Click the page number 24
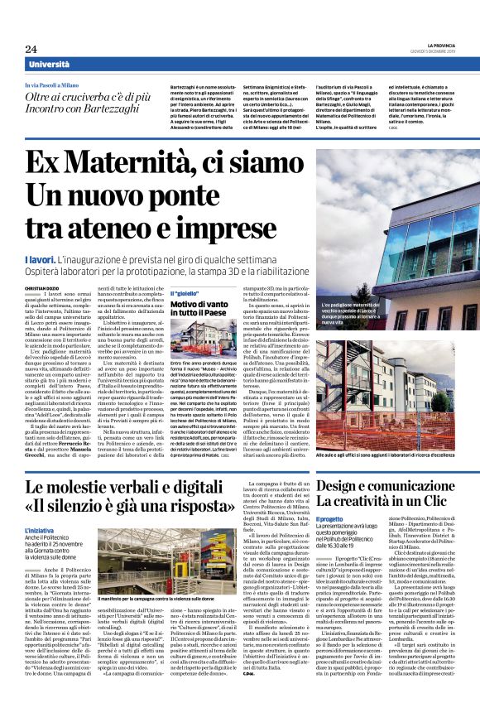(31, 49)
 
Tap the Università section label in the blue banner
(49, 65)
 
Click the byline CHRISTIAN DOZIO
(41, 286)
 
